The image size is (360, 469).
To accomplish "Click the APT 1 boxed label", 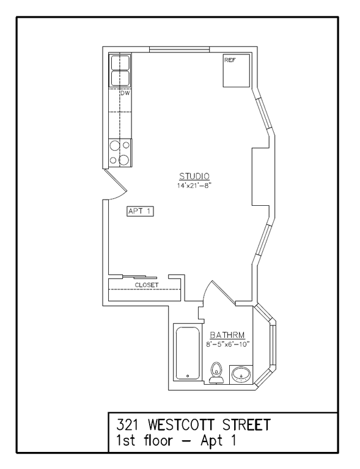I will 139,211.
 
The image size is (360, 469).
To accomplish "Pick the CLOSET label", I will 147,285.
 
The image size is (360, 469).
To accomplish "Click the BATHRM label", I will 228,335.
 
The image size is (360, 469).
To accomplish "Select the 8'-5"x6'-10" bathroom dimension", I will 227,345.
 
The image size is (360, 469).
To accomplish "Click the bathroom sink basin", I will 241,373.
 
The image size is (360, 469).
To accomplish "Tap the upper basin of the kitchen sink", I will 120,63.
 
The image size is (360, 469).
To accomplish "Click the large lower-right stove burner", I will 124,160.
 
